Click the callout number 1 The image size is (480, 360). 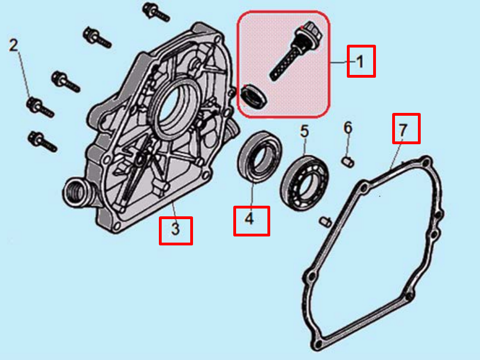[x=361, y=61]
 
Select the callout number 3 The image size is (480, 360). [x=176, y=230]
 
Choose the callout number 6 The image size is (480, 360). [x=347, y=129]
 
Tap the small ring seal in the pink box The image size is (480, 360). [x=253, y=96]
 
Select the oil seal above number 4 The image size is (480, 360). [x=258, y=155]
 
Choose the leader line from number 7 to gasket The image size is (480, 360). [x=395, y=154]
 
